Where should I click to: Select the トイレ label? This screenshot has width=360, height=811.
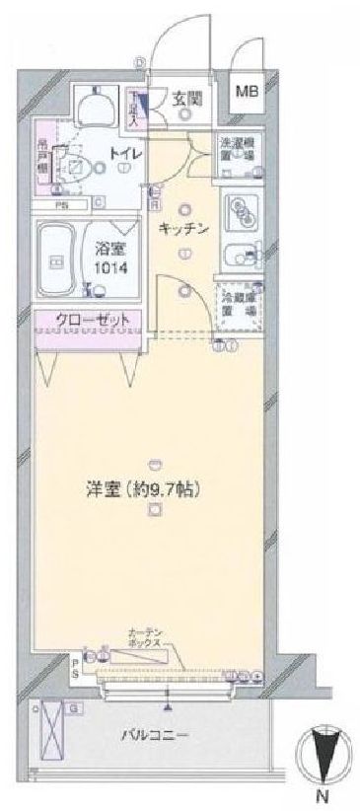tap(121, 154)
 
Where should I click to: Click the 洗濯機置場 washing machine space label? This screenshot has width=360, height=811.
tap(236, 149)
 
